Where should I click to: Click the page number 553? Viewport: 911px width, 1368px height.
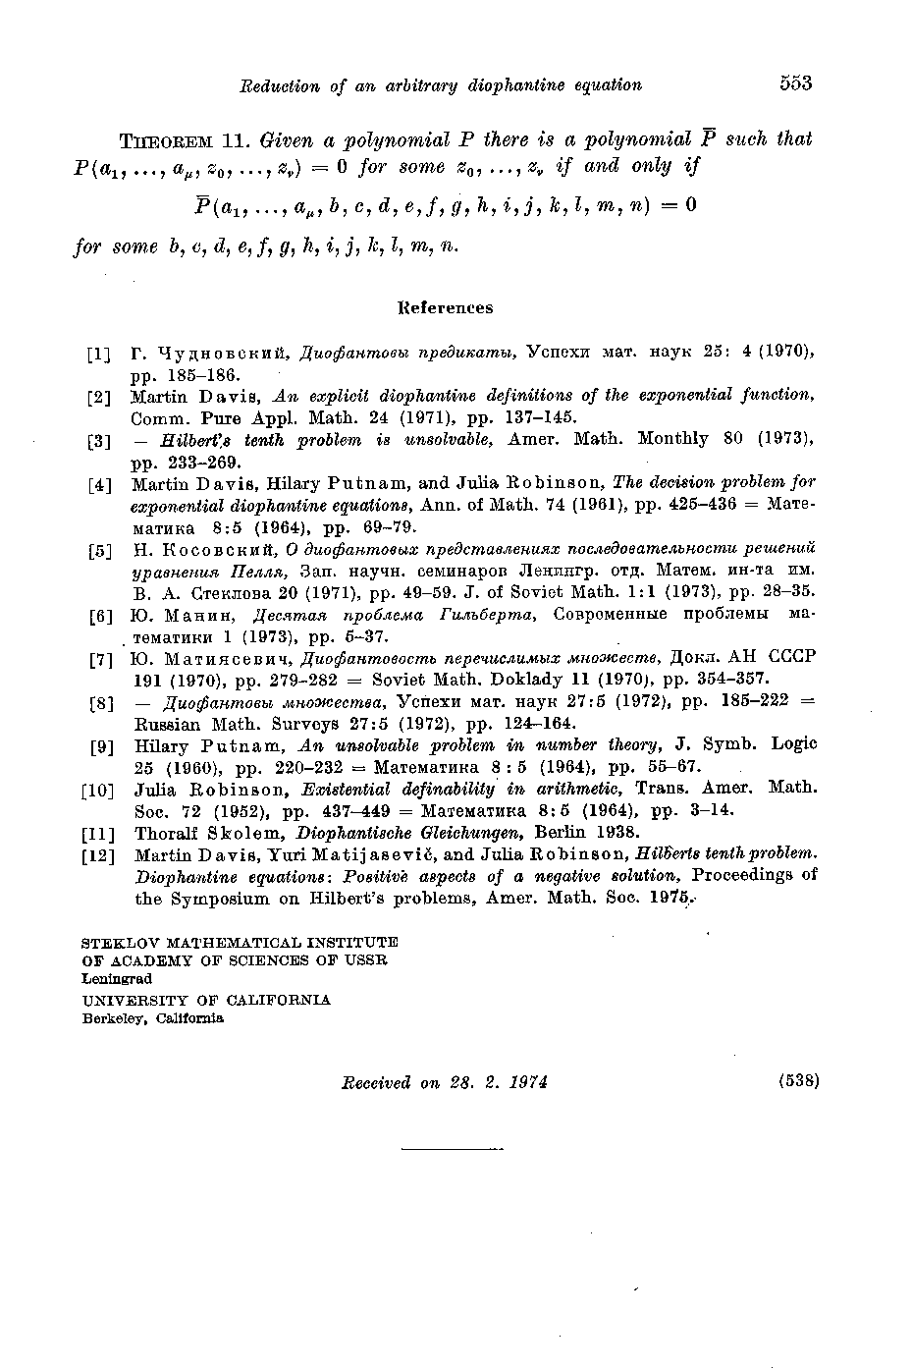tap(796, 83)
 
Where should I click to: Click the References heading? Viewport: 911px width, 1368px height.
tap(446, 307)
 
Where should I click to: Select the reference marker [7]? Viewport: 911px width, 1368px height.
tap(99, 660)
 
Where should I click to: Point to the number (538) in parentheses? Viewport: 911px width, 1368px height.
tap(797, 1081)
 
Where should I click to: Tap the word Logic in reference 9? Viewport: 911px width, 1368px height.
tap(794, 745)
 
